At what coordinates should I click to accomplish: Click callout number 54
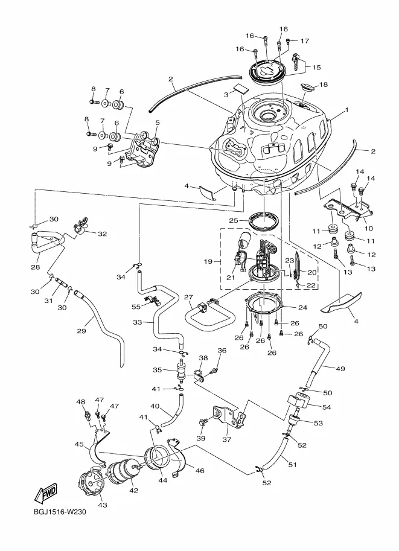click(327, 407)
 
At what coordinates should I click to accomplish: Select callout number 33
click(138, 322)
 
